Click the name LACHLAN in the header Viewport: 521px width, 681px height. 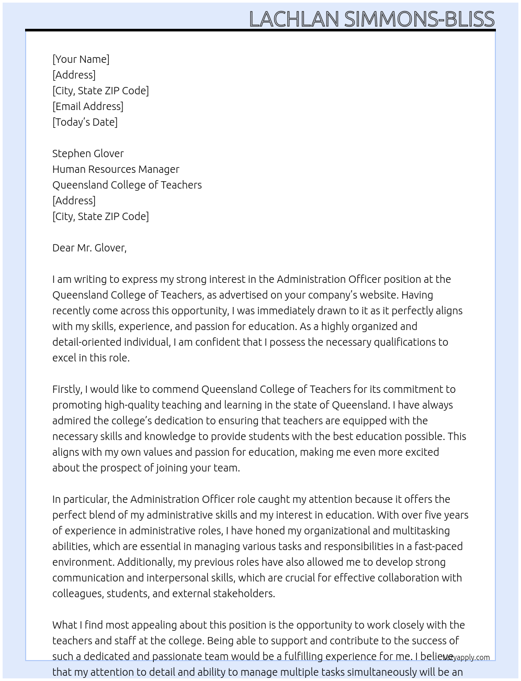coord(294,19)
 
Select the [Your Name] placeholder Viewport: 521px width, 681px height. coord(81,59)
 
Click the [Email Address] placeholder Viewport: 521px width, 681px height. coord(88,106)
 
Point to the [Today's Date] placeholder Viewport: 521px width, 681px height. coord(85,122)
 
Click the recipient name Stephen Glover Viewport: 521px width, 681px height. coord(88,153)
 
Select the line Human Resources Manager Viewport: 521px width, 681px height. coord(116,169)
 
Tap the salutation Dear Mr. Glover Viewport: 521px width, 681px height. coord(89,248)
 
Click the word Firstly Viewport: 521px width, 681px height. coord(67,389)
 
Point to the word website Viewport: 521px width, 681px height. coord(376,295)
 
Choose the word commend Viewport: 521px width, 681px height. coord(175,389)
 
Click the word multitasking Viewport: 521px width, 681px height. coord(421,531)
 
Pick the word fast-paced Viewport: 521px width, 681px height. coord(438,546)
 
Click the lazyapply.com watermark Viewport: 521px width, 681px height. coord(466,657)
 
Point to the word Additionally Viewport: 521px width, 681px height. coord(145,562)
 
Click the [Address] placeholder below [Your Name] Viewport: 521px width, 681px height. coord(74,75)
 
